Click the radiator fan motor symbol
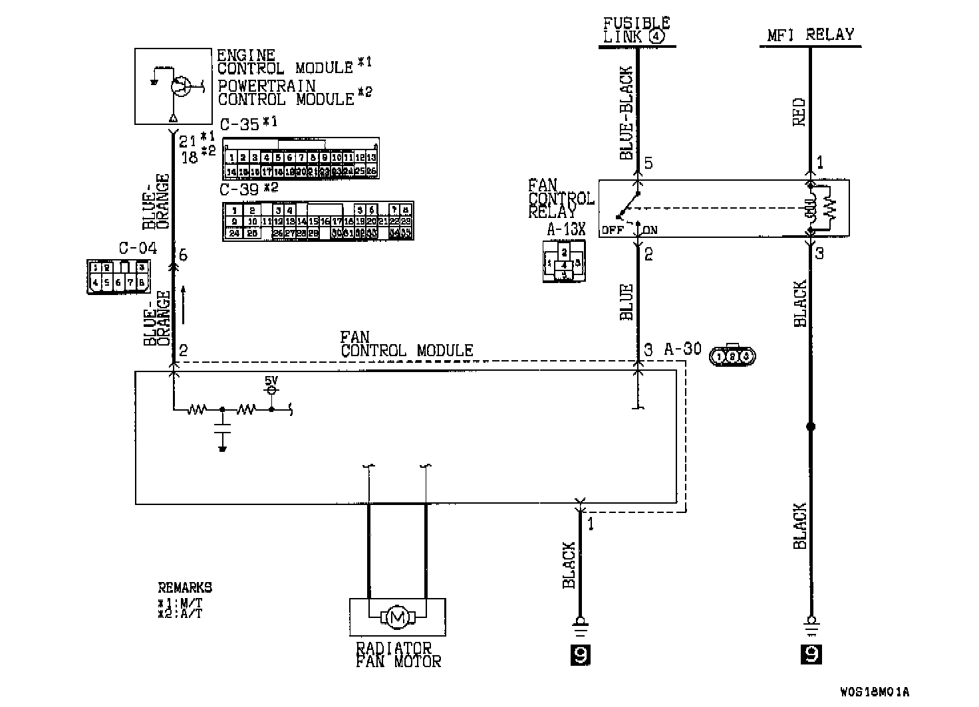pyautogui.click(x=398, y=617)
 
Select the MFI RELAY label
pyautogui.click(x=810, y=35)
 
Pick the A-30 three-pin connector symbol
pyautogui.click(x=733, y=356)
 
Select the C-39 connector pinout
pyautogui.click(x=317, y=221)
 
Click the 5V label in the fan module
pyautogui.click(x=271, y=380)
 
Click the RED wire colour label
pyautogui.click(x=799, y=112)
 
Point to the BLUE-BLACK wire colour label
pyautogui.click(x=627, y=113)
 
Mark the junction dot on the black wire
pyautogui.click(x=810, y=427)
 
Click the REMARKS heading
pyautogui.click(x=185, y=587)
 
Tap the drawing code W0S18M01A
pyautogui.click(x=874, y=692)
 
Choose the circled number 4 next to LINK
pyautogui.click(x=657, y=37)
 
